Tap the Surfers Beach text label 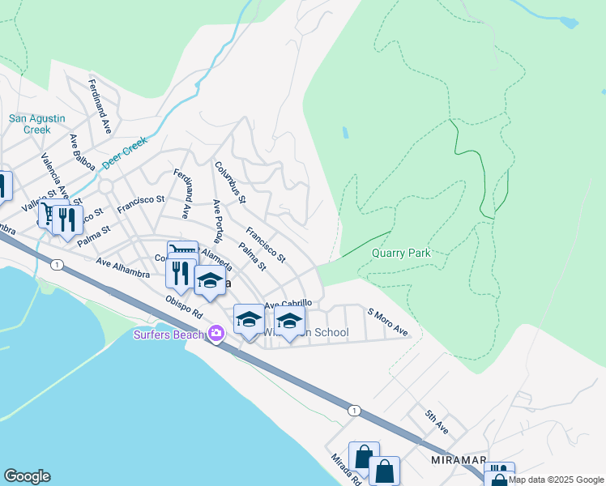click(170, 334)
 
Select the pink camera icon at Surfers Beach click(216, 333)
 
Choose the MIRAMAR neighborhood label click(457, 460)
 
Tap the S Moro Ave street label click(387, 322)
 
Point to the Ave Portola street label click(216, 221)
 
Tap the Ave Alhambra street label click(122, 267)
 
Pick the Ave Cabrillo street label click(288, 303)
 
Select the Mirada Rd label click(345, 467)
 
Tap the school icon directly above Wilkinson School click(289, 320)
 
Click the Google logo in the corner click(27, 476)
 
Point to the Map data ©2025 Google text click(556, 480)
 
